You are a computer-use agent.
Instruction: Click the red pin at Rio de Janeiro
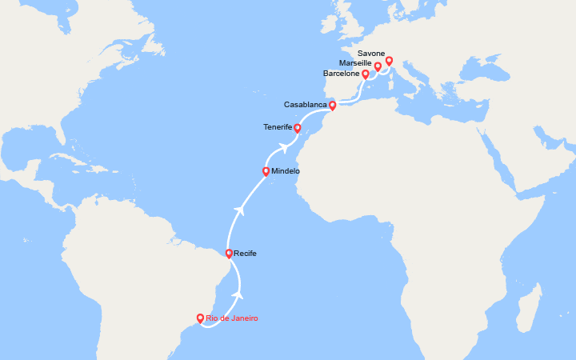[x=200, y=318]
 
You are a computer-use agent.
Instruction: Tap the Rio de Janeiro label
[x=232, y=318]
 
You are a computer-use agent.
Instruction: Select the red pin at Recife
[x=229, y=254]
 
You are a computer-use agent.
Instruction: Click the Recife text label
[x=246, y=254]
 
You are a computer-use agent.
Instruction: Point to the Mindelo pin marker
[x=266, y=170]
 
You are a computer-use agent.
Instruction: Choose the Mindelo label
[x=286, y=171]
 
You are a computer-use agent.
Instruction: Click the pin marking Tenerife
[x=297, y=127]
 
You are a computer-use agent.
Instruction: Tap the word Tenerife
[x=278, y=126]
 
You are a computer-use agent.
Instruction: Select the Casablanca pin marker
[x=332, y=105]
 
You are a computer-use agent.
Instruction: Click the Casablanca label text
[x=305, y=105]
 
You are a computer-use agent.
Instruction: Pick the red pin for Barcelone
[x=366, y=74]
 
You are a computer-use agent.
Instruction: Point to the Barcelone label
[x=342, y=74]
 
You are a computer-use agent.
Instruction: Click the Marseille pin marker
[x=378, y=66]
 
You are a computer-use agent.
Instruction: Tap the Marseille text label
[x=354, y=62]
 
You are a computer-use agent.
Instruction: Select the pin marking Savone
[x=390, y=61]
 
